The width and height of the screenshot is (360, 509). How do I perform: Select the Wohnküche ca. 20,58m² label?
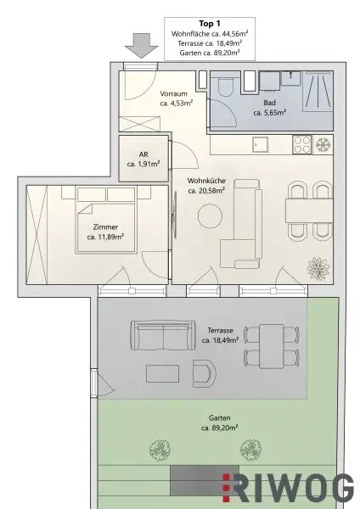click(206, 185)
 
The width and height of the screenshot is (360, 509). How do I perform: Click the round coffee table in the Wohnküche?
click(210, 217)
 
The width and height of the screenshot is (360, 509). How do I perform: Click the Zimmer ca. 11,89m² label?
click(106, 232)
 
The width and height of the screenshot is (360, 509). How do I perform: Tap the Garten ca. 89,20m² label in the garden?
click(219, 422)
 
